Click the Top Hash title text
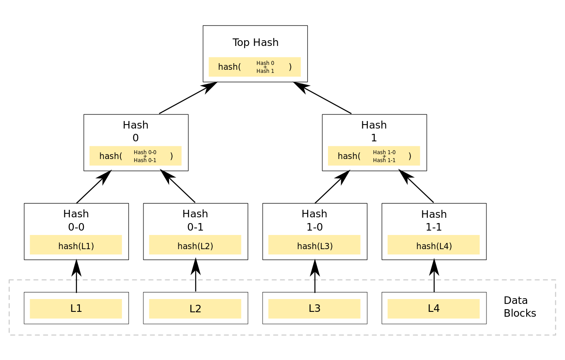pos(255,43)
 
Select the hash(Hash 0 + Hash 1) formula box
pos(254,67)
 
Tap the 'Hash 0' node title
pos(136,131)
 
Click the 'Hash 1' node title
pos(374,131)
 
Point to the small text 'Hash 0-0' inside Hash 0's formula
pos(145,152)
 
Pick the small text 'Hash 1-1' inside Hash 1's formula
pos(384,160)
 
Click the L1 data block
pos(76,308)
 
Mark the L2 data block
pos(195,308)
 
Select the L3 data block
pos(314,308)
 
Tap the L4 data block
pos(433,308)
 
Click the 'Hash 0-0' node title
pos(76,220)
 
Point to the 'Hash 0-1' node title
pos(195,220)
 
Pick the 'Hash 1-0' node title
pos(314,220)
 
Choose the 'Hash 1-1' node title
pos(433,220)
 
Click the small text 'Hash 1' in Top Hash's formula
pos(265,71)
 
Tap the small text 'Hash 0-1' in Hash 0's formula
pos(145,160)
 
